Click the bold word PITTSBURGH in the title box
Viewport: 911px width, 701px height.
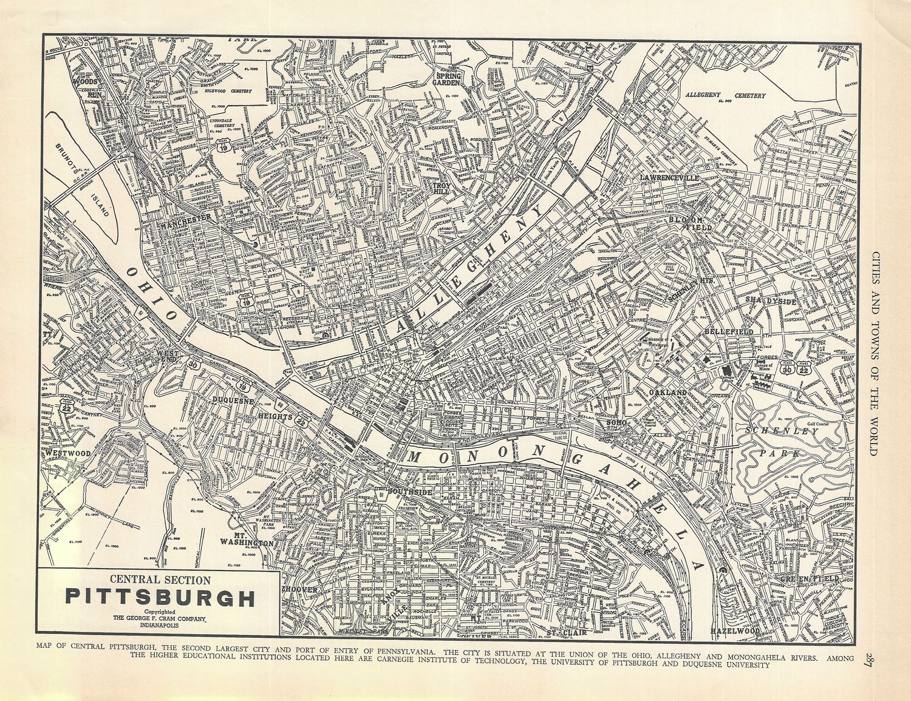(x=160, y=597)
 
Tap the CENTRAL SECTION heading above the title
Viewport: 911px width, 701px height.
(x=160, y=580)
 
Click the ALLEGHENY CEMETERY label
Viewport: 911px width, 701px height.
(x=725, y=95)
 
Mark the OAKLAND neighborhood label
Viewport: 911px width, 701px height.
(x=667, y=393)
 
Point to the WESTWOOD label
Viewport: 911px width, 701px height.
(x=67, y=453)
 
